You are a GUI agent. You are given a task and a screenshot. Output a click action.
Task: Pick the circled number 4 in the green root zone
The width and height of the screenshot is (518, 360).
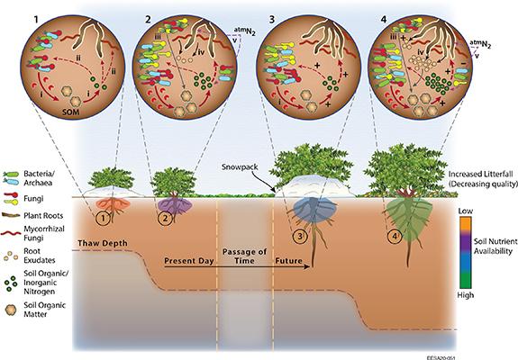coord(394,238)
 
